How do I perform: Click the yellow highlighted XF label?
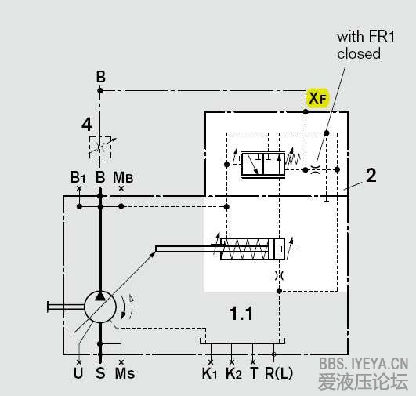(x=317, y=98)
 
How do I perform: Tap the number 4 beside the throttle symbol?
(x=86, y=125)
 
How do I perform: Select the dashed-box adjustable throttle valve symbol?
(x=100, y=147)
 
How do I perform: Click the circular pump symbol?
(x=100, y=307)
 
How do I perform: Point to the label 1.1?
(x=241, y=313)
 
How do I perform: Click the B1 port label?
(x=78, y=177)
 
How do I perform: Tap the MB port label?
(x=123, y=177)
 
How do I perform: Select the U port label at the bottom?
(x=78, y=373)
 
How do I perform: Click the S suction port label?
(x=100, y=373)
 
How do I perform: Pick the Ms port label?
(x=125, y=373)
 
